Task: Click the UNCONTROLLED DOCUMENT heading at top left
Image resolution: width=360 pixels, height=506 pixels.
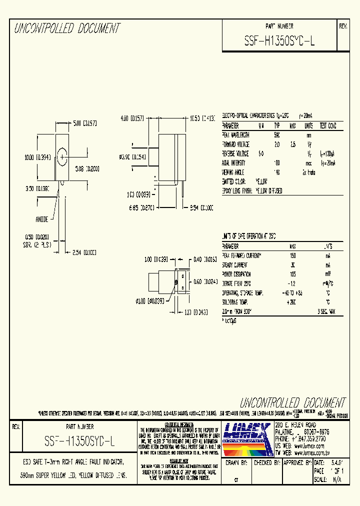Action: [x=67, y=28]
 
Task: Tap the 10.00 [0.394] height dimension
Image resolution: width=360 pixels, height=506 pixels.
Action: [x=37, y=157]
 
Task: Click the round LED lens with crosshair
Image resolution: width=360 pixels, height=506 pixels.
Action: [x=62, y=157]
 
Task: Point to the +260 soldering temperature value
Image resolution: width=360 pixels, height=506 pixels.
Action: [x=292, y=302]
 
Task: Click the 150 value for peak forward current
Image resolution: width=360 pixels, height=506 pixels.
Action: [x=292, y=255]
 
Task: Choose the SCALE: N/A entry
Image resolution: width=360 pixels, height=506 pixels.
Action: [x=328, y=479]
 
